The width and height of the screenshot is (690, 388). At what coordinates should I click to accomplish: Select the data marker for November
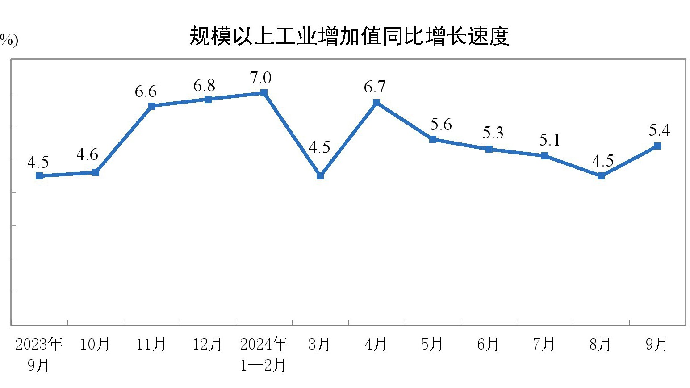pyautogui.click(x=152, y=106)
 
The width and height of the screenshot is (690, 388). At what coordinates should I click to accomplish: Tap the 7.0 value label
pyautogui.click(x=261, y=78)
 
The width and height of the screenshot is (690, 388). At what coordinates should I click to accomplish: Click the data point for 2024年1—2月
pyautogui.click(x=264, y=93)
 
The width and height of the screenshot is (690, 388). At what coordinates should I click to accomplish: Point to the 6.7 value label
pyautogui.click(x=374, y=87)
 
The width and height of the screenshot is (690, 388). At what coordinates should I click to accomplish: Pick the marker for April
pyautogui.click(x=376, y=103)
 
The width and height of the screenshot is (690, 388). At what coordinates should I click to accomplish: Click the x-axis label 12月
pyautogui.click(x=207, y=344)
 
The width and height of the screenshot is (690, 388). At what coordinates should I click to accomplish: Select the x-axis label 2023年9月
pyautogui.click(x=39, y=354)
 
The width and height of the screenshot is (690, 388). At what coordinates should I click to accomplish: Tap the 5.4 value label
pyautogui.click(x=659, y=130)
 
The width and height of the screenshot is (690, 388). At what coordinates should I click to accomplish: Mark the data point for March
pyautogui.click(x=320, y=176)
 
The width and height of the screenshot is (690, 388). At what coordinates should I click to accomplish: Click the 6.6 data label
pyautogui.click(x=146, y=92)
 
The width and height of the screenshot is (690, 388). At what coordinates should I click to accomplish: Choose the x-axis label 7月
pyautogui.click(x=544, y=344)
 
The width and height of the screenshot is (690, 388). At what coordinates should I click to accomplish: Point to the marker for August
pyautogui.click(x=601, y=176)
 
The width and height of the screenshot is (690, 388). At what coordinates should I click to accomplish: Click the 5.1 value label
pyautogui.click(x=550, y=140)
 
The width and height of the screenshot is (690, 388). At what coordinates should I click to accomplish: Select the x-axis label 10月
pyautogui.click(x=95, y=344)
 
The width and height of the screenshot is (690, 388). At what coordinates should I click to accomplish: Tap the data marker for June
pyautogui.click(x=489, y=149)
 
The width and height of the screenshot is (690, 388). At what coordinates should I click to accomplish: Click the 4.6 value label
pyautogui.click(x=87, y=154)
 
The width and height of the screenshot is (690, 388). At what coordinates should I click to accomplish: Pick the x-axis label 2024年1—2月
pyautogui.click(x=263, y=354)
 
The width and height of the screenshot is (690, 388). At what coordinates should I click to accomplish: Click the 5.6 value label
pyautogui.click(x=441, y=125)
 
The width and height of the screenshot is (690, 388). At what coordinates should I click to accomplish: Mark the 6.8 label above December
pyautogui.click(x=204, y=85)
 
